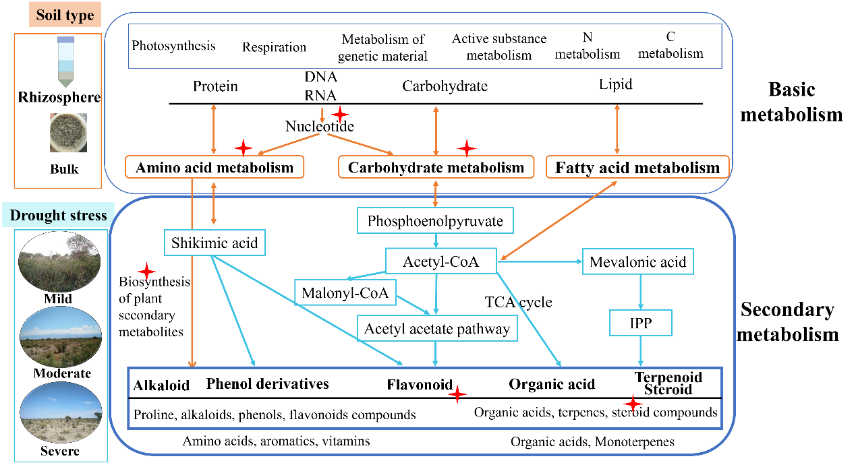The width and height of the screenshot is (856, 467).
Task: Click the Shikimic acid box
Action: pyautogui.click(x=215, y=243)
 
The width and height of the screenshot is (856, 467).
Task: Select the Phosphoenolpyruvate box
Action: pyautogui.click(x=435, y=220)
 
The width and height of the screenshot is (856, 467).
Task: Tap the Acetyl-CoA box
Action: pyautogui.click(x=440, y=261)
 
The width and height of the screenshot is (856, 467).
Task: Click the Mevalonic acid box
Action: pyautogui.click(x=637, y=261)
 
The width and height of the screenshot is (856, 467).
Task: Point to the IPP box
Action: pyautogui.click(x=640, y=323)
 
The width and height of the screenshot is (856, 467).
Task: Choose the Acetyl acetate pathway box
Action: pyautogui.click(x=437, y=329)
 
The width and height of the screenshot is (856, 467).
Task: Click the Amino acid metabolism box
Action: pyautogui.click(x=215, y=167)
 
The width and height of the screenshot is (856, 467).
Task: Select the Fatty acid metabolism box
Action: pyautogui.click(x=637, y=167)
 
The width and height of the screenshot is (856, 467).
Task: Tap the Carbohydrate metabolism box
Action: pyautogui.click(x=436, y=167)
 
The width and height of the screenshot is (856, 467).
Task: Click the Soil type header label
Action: pyautogui.click(x=65, y=15)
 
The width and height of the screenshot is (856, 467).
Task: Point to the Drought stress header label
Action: pyautogui.click(x=58, y=216)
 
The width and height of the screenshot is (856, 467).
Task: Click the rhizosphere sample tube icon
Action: pyautogui.click(x=65, y=62)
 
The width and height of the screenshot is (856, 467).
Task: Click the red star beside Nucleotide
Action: pyautogui.click(x=340, y=114)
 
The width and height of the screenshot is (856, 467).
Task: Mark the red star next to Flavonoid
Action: pyautogui.click(x=457, y=394)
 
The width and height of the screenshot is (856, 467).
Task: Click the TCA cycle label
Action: pyautogui.click(x=518, y=302)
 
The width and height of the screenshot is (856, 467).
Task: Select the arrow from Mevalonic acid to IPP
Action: pyautogui.click(x=640, y=290)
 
